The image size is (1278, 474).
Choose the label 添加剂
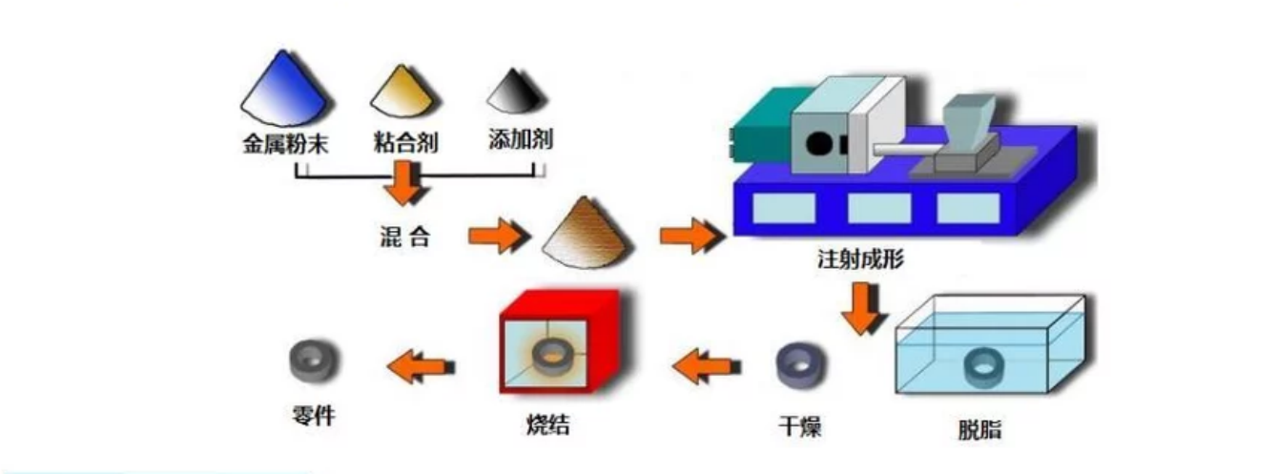point(519,143)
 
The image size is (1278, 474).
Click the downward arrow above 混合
point(402,184)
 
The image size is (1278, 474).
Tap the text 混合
point(403,236)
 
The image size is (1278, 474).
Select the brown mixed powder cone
point(586,234)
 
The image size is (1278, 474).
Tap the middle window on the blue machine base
point(878,208)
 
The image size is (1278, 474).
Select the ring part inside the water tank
point(983,367)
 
